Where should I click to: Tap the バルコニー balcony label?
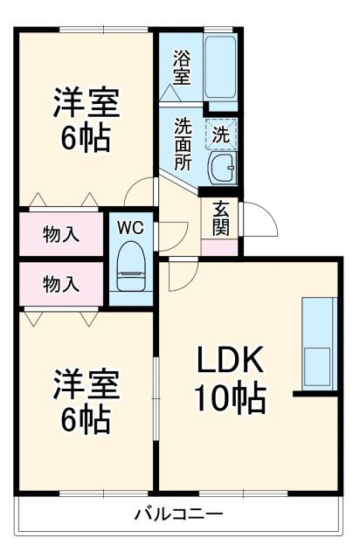click(178, 514)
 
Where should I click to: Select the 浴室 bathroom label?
click(181, 68)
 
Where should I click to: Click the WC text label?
click(130, 227)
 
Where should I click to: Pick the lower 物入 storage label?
click(61, 283)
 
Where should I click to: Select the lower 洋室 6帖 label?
click(85, 400)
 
